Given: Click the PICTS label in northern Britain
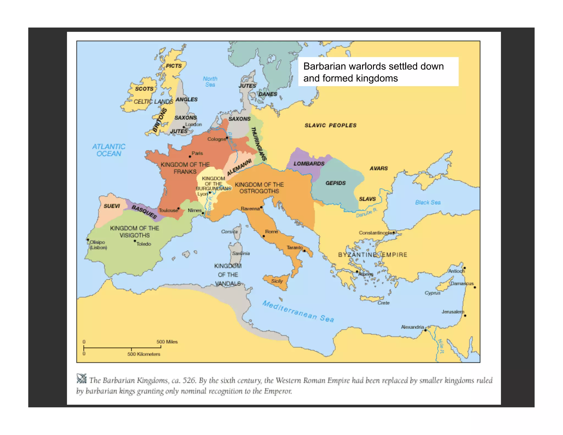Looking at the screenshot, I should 174,66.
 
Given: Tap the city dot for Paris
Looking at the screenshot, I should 190,156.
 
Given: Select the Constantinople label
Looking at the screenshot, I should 375,233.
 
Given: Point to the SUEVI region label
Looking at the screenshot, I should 112,206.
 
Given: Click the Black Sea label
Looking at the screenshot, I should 428,202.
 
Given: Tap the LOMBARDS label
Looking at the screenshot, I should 309,164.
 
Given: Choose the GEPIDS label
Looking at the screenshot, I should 335,183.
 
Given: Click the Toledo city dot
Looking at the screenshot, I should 135,241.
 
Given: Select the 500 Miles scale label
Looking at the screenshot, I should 167,342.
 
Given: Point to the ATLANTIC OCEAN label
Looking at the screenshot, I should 109,150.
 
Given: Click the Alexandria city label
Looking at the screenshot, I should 412,327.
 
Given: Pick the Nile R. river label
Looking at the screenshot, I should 440,346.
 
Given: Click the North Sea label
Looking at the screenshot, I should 210,82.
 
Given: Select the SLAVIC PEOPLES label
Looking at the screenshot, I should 330,125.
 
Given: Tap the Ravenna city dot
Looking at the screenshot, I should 261,207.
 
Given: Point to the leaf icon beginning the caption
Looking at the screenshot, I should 81,379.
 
